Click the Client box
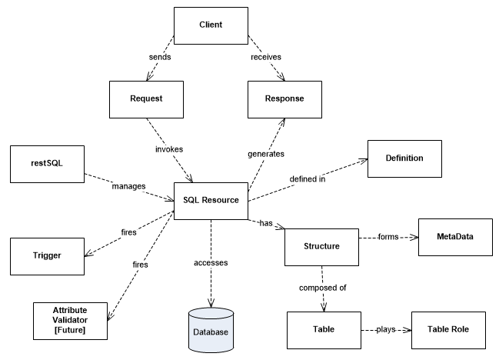pyautogui.click(x=210, y=25)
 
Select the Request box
pyautogui.click(x=145, y=99)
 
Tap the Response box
pyautogui.click(x=284, y=99)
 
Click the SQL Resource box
pyautogui.click(x=211, y=200)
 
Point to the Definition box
pyautogui.click(x=404, y=158)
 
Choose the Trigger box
pyautogui.click(x=46, y=254)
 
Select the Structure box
pyautogui.click(x=321, y=246)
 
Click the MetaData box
pyautogui.click(x=454, y=236)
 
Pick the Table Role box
pyautogui.click(x=449, y=329)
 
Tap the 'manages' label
pyautogui.click(x=125, y=186)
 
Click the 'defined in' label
pyautogui.click(x=306, y=180)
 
